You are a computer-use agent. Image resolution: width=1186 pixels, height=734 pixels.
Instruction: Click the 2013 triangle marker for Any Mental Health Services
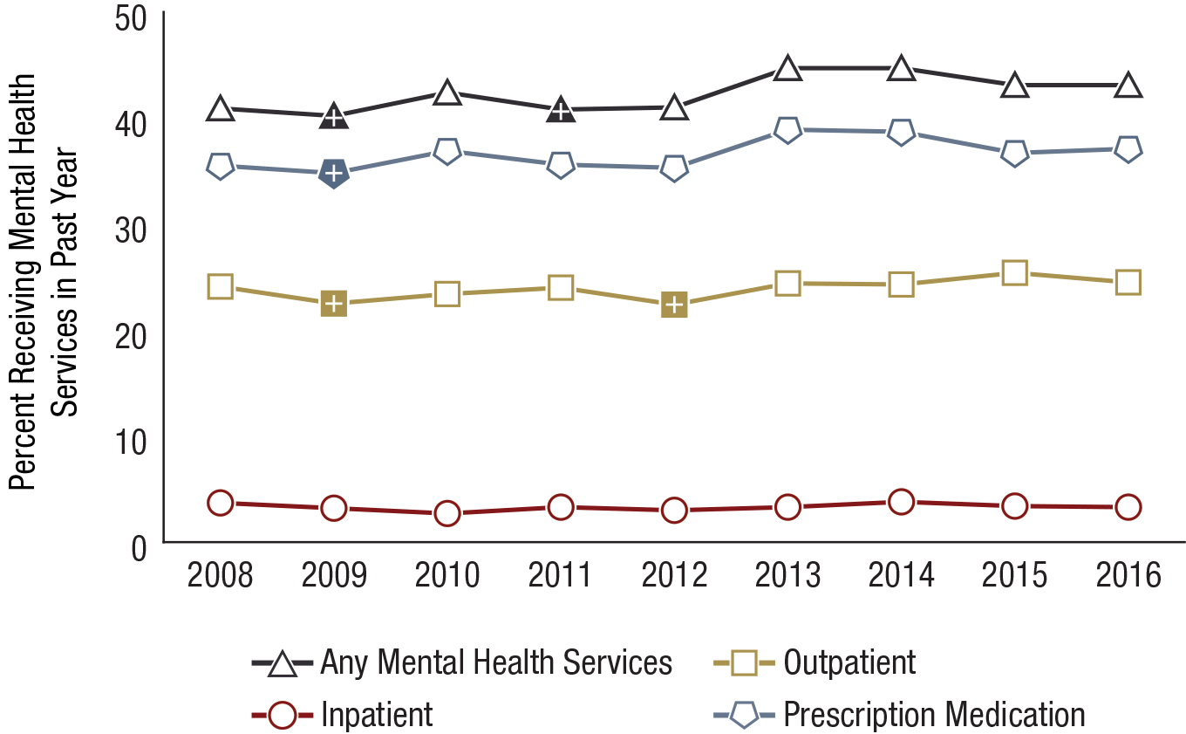point(787,69)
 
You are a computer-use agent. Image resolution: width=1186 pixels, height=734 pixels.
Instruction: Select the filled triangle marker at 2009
point(333,116)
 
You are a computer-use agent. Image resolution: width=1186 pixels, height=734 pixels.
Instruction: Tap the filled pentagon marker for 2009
point(333,173)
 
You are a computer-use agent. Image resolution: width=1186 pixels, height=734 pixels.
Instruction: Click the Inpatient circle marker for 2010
point(447,513)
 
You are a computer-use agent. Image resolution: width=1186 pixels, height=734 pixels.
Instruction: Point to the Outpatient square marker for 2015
point(1014,273)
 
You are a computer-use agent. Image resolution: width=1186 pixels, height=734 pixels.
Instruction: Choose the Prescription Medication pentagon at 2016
point(1128,149)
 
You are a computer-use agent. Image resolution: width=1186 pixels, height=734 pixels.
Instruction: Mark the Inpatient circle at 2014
point(901,502)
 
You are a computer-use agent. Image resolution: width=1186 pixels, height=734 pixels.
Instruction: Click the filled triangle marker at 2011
point(561,110)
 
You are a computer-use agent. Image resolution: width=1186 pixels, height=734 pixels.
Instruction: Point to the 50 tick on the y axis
point(133,19)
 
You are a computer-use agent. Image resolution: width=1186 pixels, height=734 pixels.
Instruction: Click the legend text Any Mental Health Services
point(496,663)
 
